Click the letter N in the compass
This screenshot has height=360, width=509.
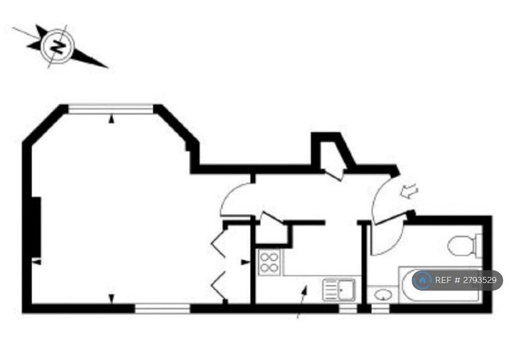(58, 46)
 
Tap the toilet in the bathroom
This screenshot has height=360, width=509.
(465, 245)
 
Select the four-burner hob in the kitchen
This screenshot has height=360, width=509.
(269, 262)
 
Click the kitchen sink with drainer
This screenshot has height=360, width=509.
(339, 289)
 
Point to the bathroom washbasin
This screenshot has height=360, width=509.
(383, 295)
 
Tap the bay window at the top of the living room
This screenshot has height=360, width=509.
(111, 109)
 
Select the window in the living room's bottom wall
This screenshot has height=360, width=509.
(162, 309)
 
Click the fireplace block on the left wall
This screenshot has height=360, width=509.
(37, 227)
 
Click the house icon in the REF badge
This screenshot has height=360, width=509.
(423, 279)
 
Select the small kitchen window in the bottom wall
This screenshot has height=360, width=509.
(347, 309)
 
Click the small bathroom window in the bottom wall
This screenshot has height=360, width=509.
(380, 309)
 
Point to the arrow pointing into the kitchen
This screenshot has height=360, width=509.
(302, 302)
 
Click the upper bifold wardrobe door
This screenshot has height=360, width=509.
(218, 243)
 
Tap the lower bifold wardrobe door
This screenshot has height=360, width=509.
(218, 286)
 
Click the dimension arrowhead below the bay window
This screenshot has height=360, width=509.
(111, 120)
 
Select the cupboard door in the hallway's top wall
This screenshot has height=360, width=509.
(334, 174)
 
